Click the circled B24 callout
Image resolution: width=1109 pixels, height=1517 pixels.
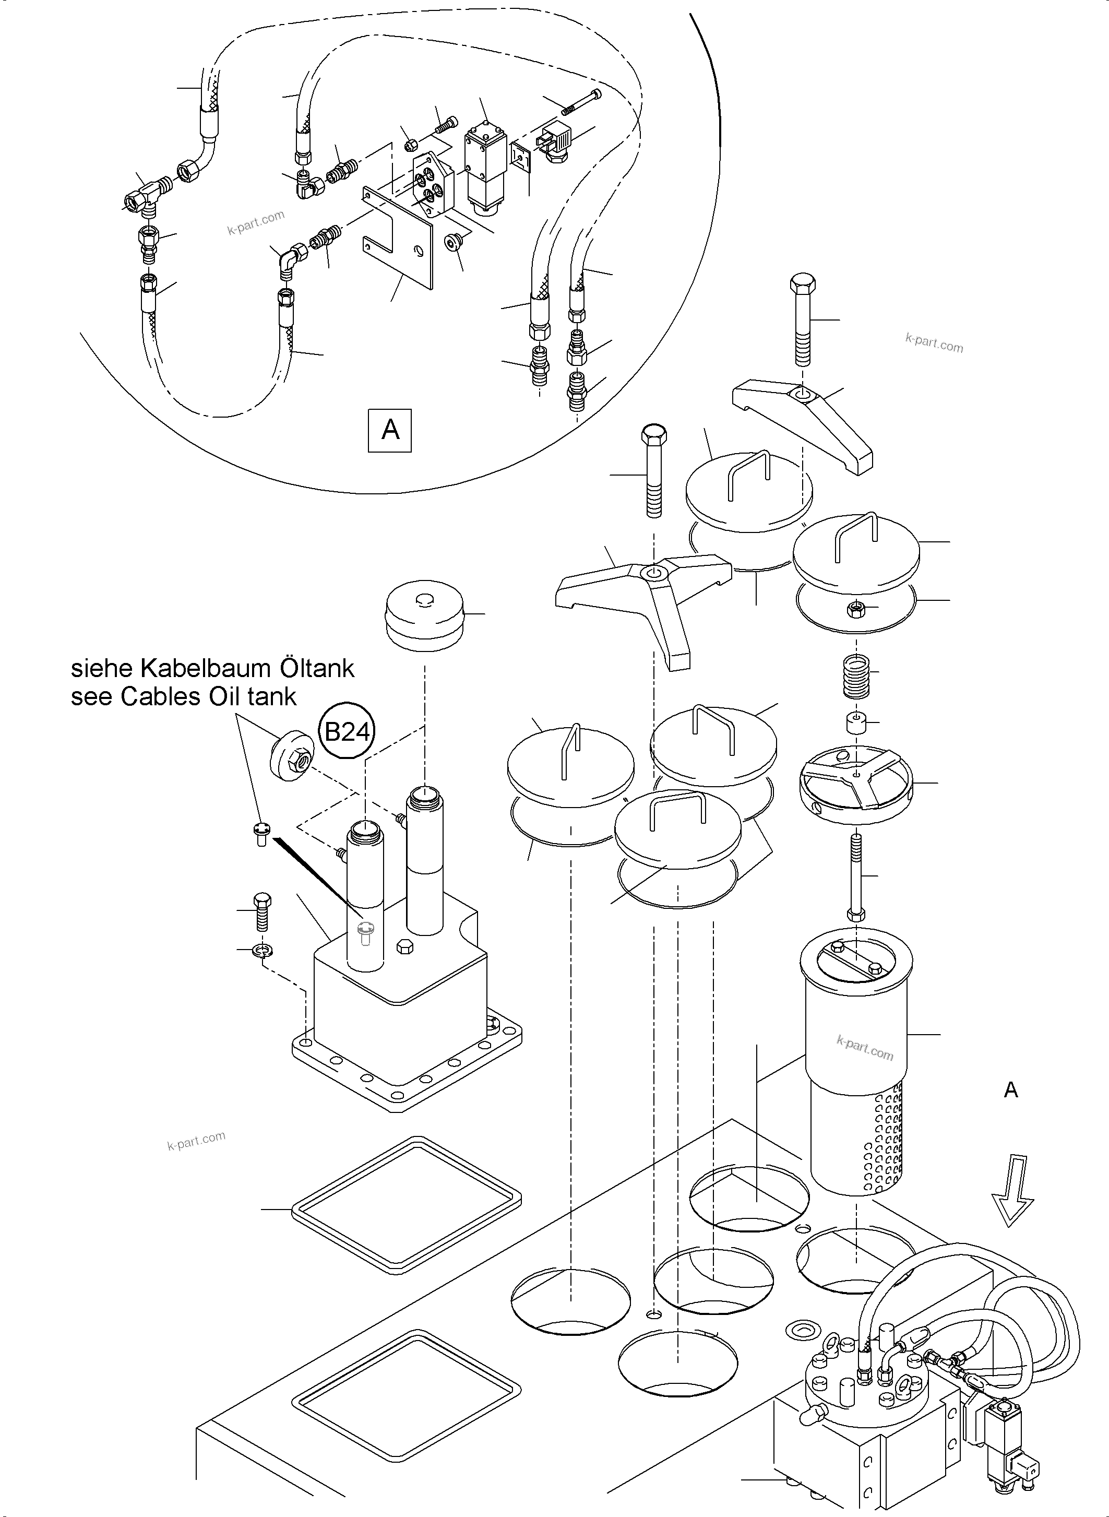pyautogui.click(x=347, y=731)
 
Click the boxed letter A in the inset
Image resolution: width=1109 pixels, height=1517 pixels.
pyautogui.click(x=390, y=429)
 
